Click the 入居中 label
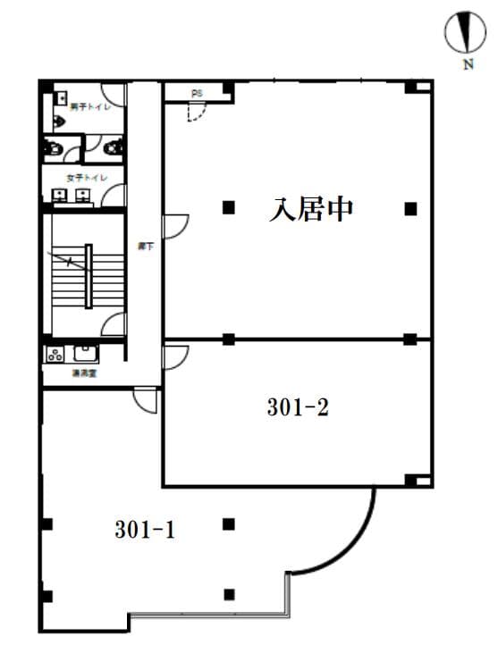[312, 210]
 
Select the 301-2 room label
[299, 408]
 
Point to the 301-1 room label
[145, 530]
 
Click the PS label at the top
[198, 92]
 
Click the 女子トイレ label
[80, 178]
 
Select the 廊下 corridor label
[143, 247]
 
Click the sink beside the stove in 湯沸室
[84, 353]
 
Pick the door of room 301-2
[175, 356]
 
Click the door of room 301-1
[145, 400]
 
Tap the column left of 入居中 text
[229, 208]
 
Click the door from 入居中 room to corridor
[175, 224]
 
